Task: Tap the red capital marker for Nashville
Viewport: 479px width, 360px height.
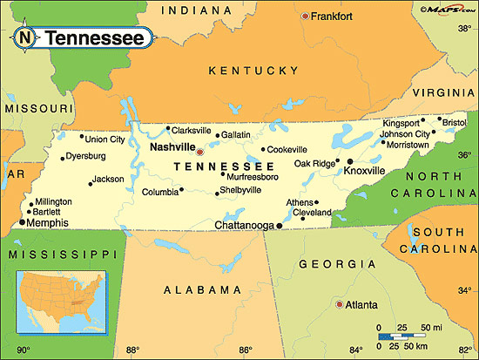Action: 199,151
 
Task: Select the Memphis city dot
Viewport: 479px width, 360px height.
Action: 22,223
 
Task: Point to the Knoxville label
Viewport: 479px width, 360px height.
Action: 364,171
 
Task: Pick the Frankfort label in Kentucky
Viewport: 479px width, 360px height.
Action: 334,16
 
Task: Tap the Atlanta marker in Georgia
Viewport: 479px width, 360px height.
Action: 339,304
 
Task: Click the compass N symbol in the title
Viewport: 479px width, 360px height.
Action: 25,38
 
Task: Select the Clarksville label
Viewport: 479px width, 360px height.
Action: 191,130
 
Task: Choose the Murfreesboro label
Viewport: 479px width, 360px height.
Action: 252,177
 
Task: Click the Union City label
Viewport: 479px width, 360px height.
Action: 105,139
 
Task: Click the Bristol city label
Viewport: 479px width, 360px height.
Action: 455,123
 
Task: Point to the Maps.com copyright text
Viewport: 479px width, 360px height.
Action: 446,9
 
